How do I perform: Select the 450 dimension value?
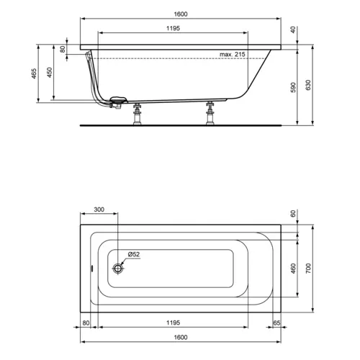(50, 75)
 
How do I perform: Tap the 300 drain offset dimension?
(99, 210)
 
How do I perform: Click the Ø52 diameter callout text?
(133, 255)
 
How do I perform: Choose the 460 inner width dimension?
(293, 268)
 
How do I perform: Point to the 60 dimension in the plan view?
(293, 214)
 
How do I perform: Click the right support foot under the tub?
(211, 113)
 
